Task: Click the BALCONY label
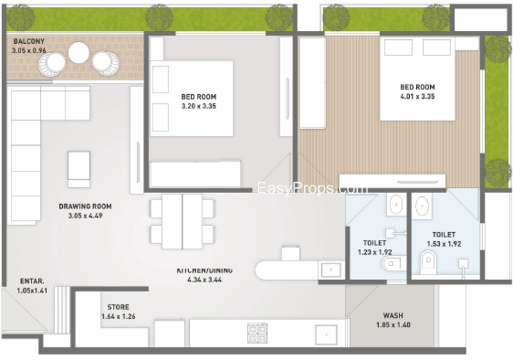[29, 41]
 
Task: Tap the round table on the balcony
[78, 53]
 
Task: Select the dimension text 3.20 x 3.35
[199, 106]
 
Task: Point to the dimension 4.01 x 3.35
[417, 96]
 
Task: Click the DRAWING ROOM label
[85, 207]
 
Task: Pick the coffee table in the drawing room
[79, 169]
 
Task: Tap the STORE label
[118, 307]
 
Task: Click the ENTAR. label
[32, 281]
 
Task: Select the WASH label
[393, 316]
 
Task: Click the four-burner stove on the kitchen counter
[257, 333]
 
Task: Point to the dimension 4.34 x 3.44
[205, 280]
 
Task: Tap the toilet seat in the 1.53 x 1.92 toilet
[428, 262]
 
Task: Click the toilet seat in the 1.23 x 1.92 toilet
[394, 263]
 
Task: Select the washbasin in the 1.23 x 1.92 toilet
[396, 204]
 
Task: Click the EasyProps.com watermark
[312, 188]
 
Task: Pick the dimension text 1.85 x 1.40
[393, 325]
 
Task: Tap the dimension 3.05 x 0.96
[29, 51]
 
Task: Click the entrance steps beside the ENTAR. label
[62, 310]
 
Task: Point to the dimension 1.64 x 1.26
[118, 316]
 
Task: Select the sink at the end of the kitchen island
[331, 270]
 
